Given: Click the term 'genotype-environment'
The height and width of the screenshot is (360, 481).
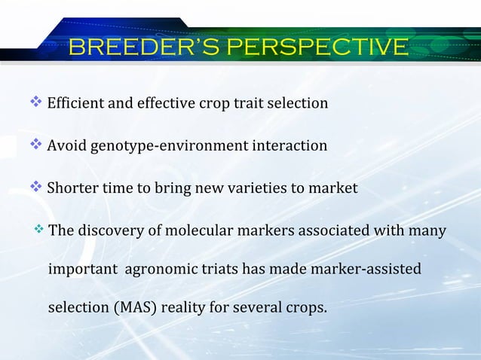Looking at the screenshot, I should coord(165,145).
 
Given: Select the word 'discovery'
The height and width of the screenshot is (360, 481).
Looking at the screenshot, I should coord(109,230).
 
